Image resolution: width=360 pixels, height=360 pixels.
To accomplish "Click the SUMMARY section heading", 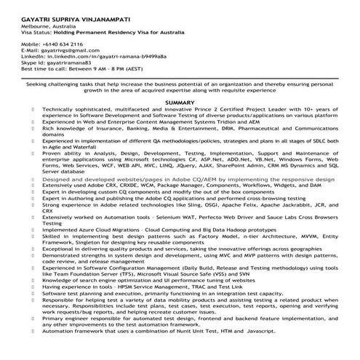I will coord(180,103).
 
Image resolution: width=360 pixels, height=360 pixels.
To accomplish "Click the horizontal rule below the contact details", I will coord(180,78).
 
